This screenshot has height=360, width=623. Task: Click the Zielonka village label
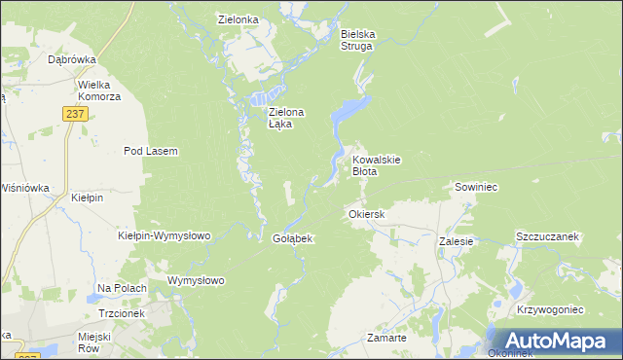(238, 18)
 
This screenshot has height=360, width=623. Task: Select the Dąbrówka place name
(71, 59)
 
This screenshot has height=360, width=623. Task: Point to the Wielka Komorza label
(99, 90)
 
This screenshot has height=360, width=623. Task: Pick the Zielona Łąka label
(286, 119)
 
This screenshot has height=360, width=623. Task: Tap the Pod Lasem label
(150, 151)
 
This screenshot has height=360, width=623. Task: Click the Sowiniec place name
(476, 186)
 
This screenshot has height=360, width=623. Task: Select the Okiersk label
(367, 214)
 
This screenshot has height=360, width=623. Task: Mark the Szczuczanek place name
(547, 236)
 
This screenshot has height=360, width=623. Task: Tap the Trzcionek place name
(122, 313)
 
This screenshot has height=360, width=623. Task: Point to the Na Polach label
(122, 289)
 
